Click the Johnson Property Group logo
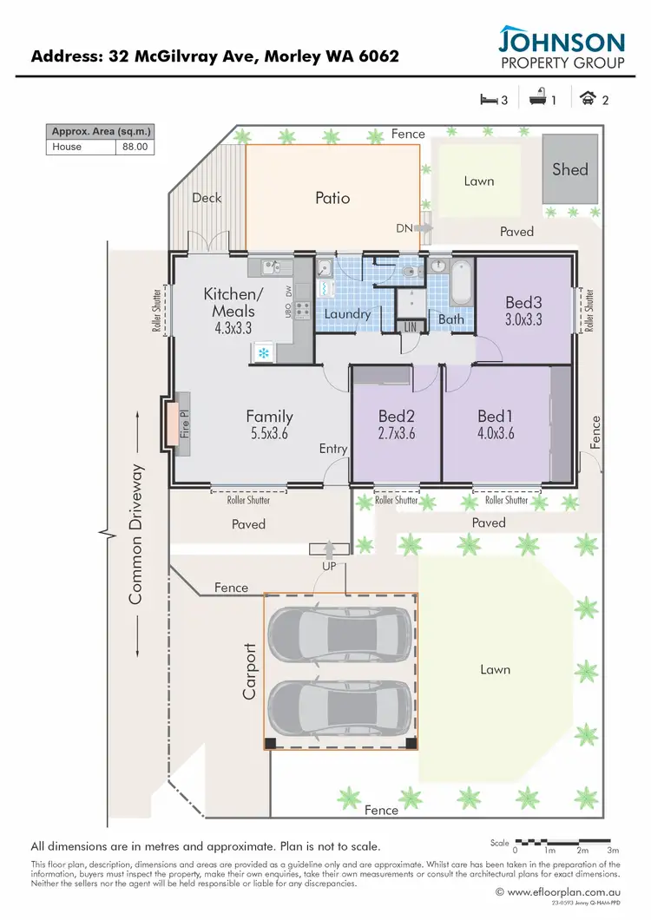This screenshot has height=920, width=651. pyautogui.click(x=561, y=49)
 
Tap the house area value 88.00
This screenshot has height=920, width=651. pyautogui.click(x=135, y=147)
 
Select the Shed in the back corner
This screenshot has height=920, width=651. pyautogui.click(x=569, y=170)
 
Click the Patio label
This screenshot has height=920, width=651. pyautogui.click(x=332, y=198)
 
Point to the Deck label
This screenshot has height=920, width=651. pyautogui.click(x=207, y=197)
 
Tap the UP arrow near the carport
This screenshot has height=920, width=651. pyautogui.click(x=329, y=549)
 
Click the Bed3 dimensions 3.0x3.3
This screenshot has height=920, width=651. pyautogui.click(x=523, y=319)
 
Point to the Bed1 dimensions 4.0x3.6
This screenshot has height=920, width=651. pyautogui.click(x=496, y=431)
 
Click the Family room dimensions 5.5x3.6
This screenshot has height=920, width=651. pyautogui.click(x=269, y=432)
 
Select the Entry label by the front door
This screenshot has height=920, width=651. pyautogui.click(x=332, y=449)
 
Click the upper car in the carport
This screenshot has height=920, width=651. pyautogui.click(x=339, y=632)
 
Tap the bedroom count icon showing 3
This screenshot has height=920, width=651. pyautogui.click(x=492, y=100)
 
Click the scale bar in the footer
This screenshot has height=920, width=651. pyautogui.click(x=565, y=842)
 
